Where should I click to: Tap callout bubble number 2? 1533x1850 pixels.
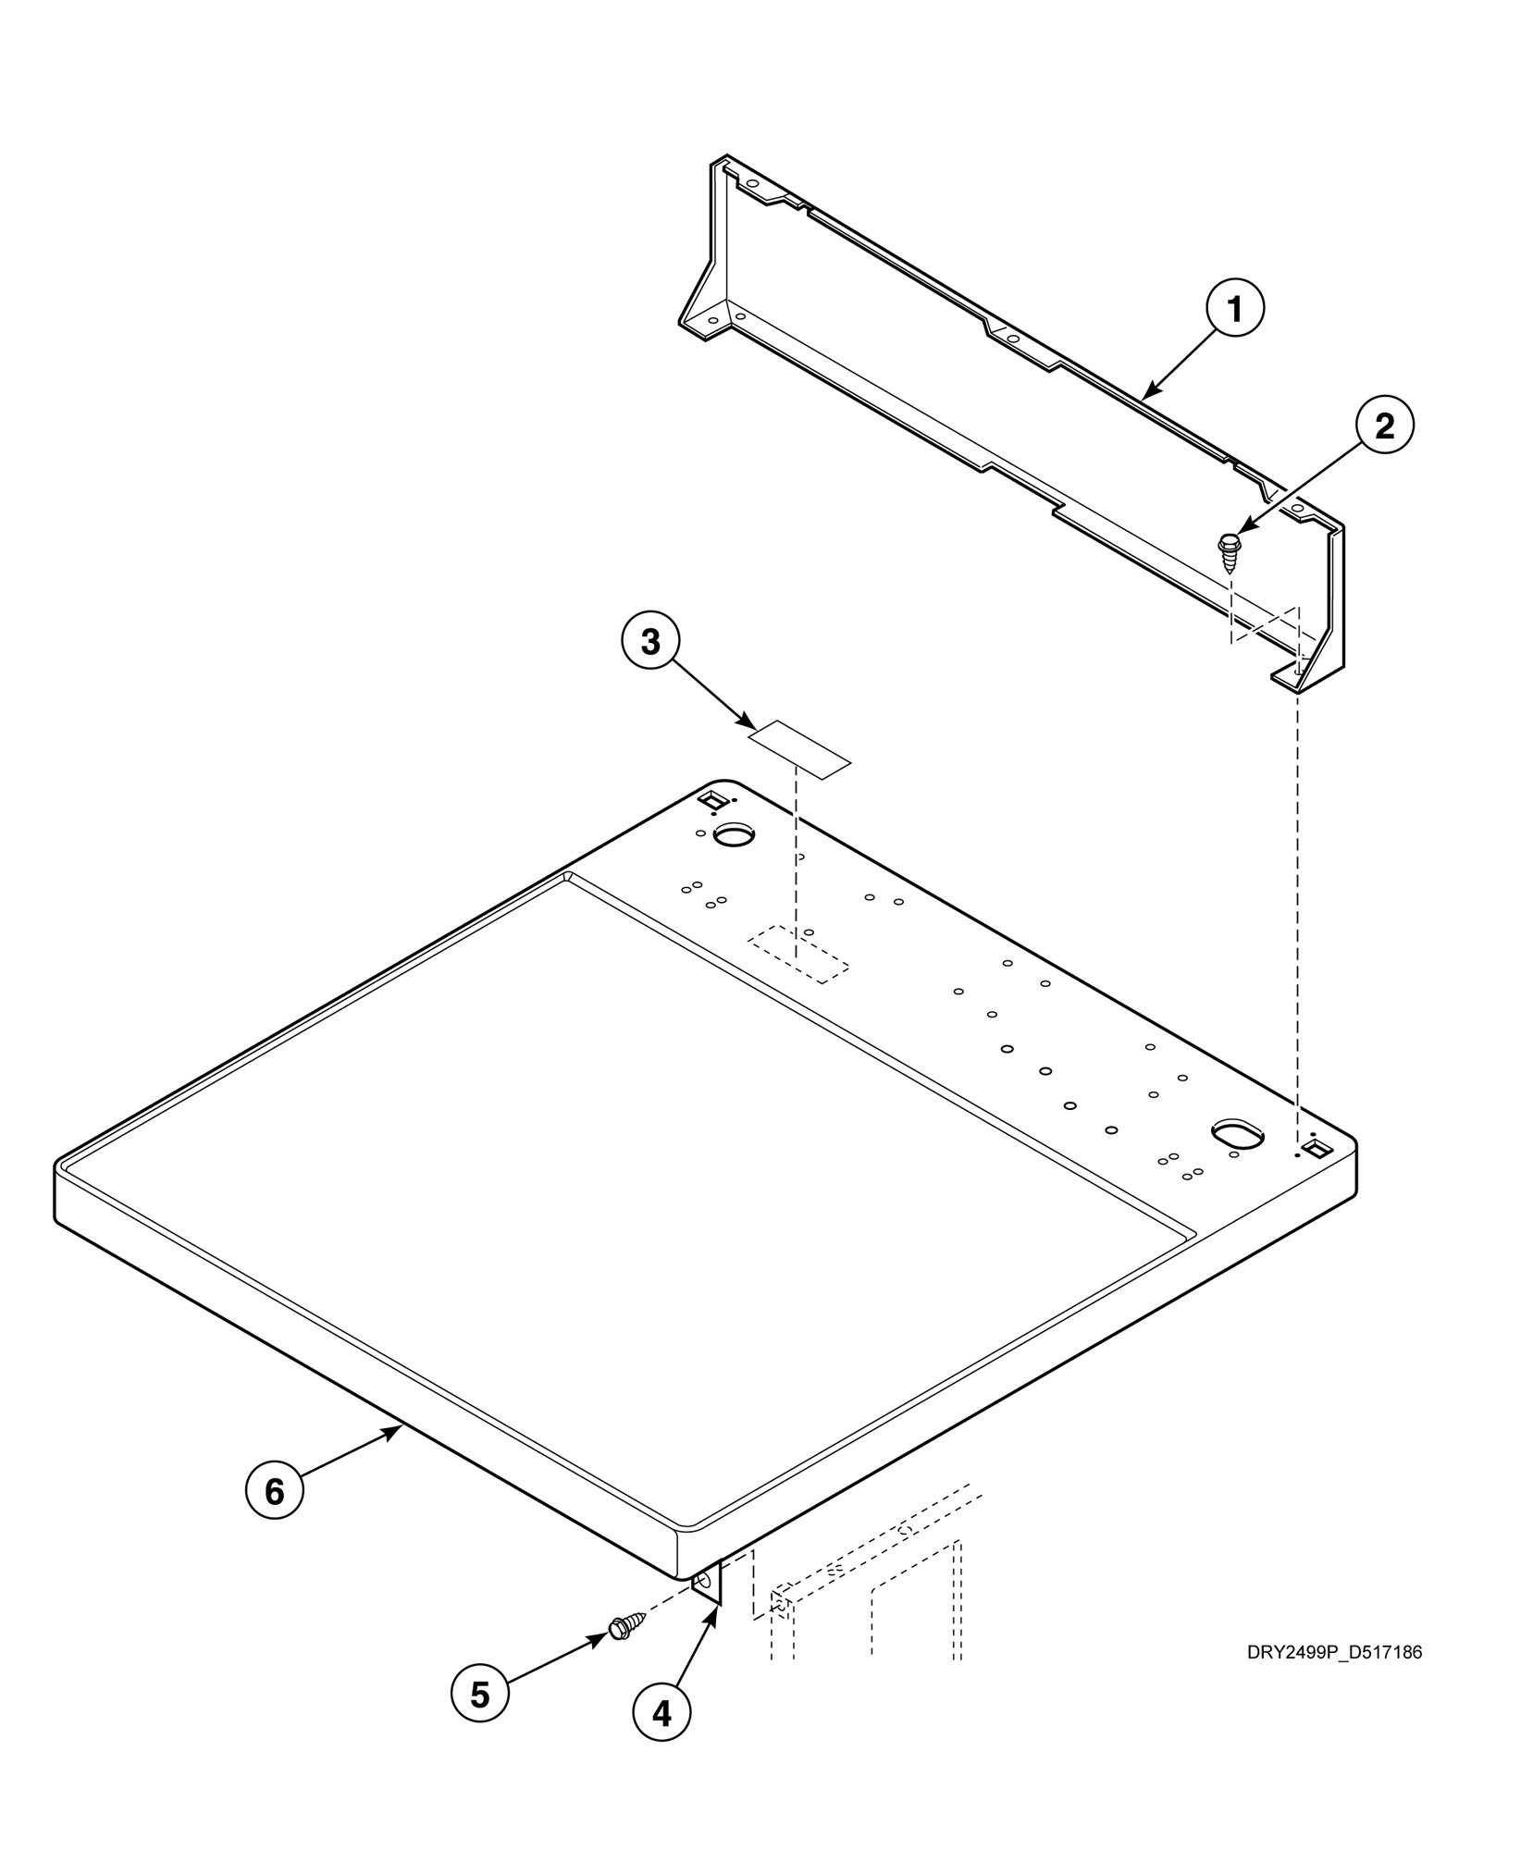1384,425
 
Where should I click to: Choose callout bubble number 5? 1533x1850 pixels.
479,1695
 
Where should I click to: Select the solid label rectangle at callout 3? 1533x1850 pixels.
798,748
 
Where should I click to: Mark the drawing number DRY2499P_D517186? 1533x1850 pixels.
1333,1652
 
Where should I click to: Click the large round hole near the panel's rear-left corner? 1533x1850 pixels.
736,835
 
